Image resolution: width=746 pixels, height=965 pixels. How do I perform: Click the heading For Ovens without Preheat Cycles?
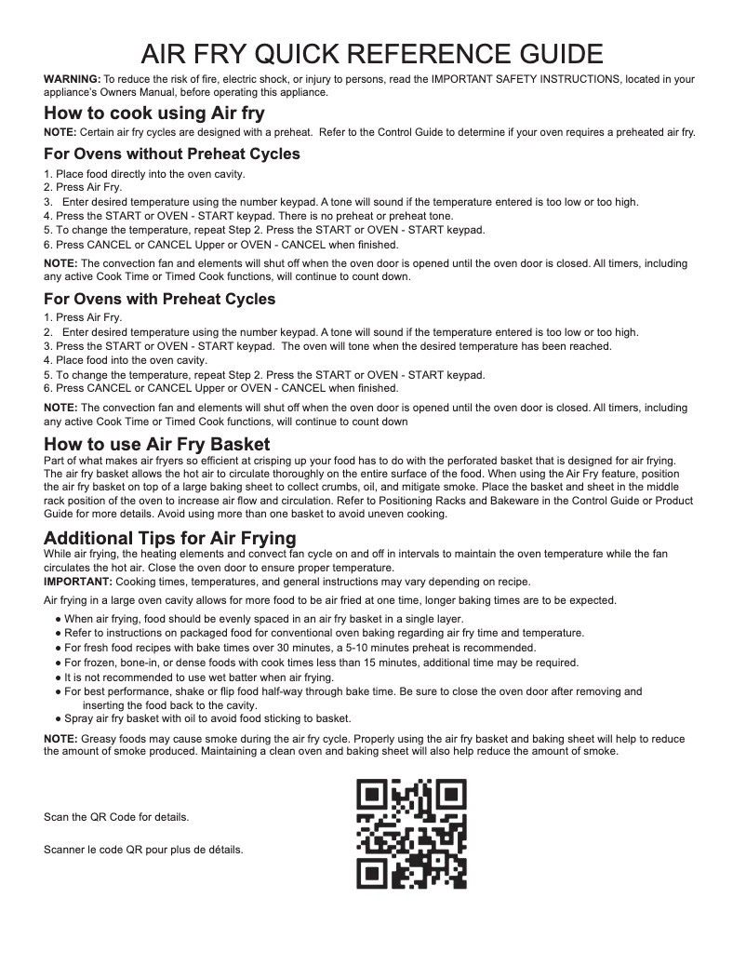click(172, 154)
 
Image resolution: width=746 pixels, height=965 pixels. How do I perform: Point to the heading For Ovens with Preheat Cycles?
click(160, 299)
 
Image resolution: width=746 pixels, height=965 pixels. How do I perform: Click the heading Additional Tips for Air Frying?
click(170, 538)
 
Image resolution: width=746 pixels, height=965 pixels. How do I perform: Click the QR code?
click(412, 834)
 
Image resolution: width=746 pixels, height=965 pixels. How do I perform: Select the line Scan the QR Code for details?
click(117, 817)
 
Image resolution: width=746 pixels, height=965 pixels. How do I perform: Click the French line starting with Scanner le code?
click(143, 849)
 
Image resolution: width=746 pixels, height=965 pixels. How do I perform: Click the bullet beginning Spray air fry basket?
click(207, 718)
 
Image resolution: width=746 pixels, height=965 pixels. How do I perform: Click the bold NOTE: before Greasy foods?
click(62, 739)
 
